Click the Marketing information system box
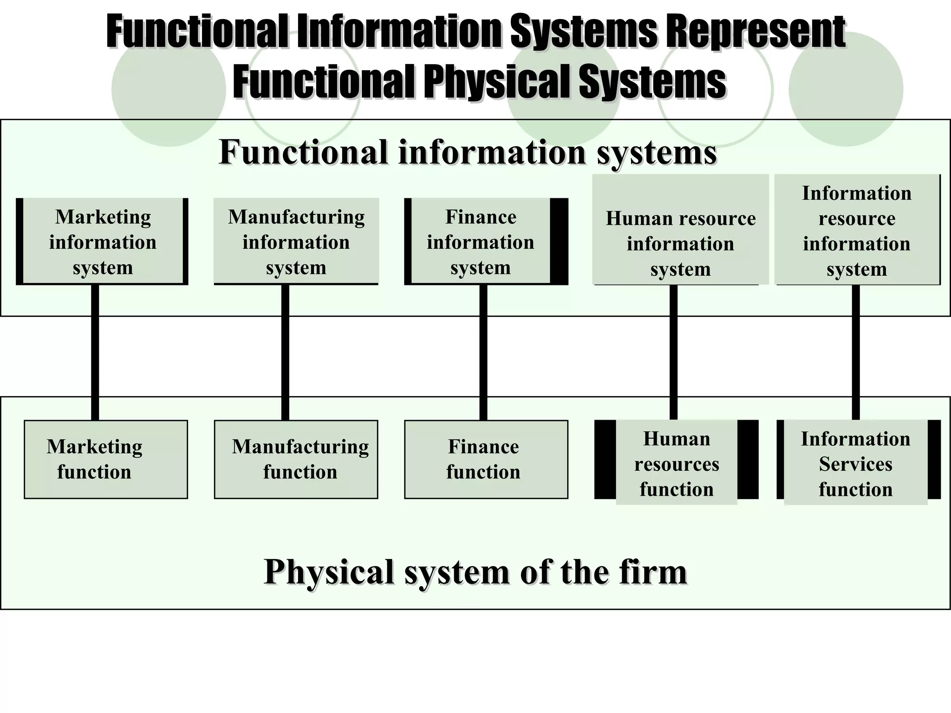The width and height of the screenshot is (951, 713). [103, 241]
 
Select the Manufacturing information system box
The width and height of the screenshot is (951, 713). [296, 241]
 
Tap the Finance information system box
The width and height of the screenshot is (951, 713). [481, 241]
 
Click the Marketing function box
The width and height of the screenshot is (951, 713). [106, 460]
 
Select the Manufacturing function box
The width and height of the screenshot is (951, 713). [296, 460]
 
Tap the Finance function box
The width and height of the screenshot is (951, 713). [486, 460]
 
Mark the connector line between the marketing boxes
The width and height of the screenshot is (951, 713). [95, 353]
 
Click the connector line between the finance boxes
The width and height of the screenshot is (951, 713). [483, 353]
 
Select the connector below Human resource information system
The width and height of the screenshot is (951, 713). [673, 353]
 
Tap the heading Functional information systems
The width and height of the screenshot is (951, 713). [468, 152]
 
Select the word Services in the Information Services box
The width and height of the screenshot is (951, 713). [856, 464]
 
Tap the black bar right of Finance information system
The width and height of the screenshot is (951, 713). [559, 241]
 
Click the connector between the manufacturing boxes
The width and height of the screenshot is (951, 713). [285, 353]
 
